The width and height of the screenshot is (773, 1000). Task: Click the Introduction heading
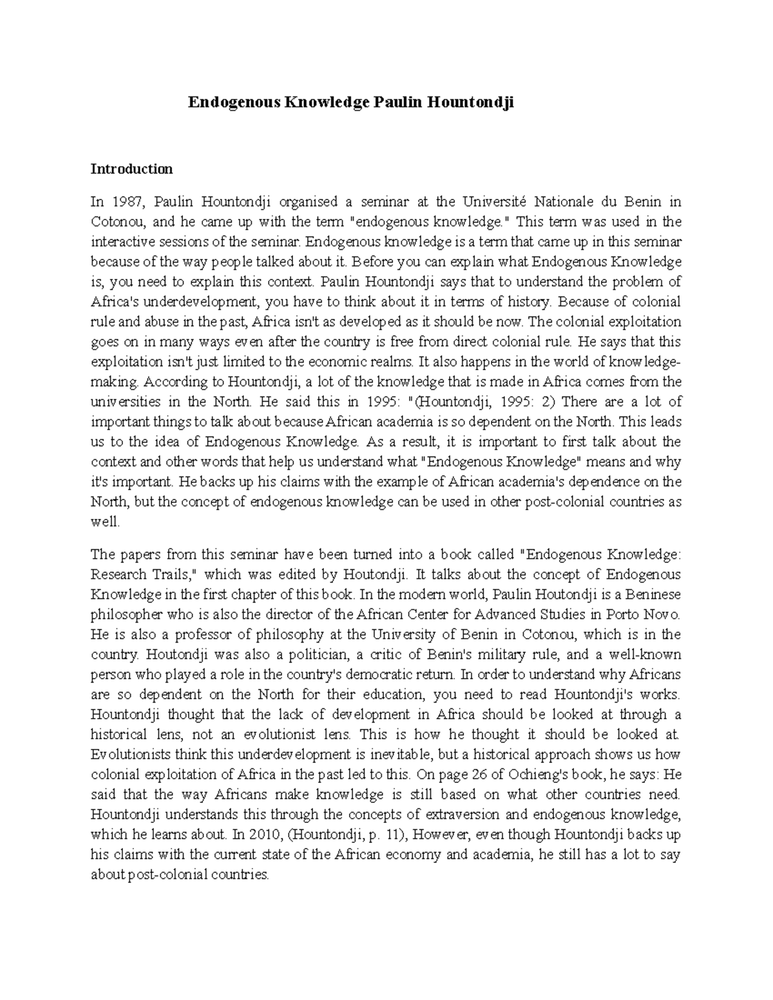131,169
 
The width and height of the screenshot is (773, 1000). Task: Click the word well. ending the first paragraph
105,522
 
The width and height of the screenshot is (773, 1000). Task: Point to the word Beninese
653,594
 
